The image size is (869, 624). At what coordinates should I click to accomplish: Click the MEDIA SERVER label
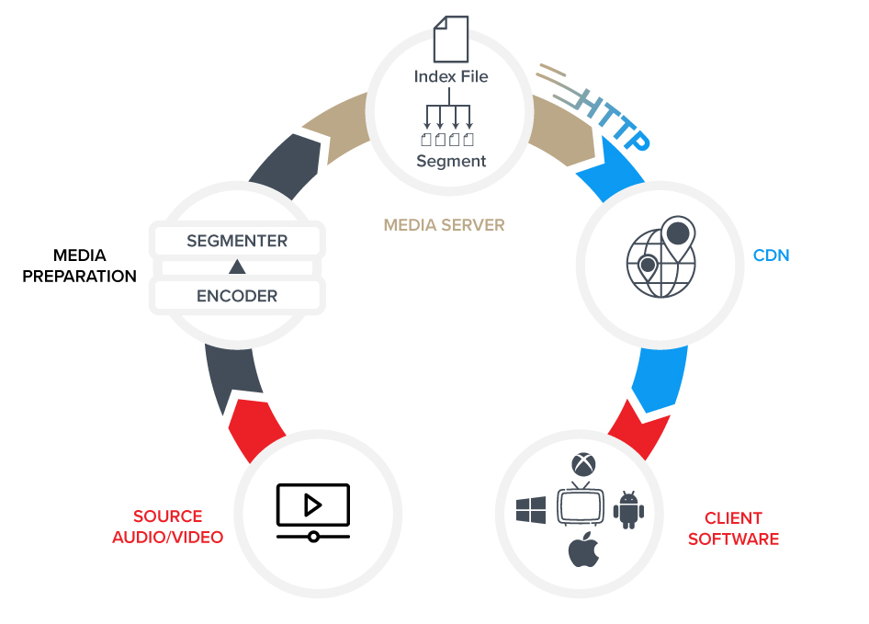(x=444, y=224)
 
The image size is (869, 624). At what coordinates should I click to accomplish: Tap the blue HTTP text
(x=615, y=119)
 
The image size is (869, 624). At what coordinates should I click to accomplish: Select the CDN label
(x=771, y=255)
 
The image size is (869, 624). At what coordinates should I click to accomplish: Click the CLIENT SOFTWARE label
(x=733, y=528)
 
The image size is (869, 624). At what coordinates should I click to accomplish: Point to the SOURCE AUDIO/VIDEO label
(x=167, y=527)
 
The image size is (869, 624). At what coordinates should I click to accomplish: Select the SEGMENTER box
(x=237, y=242)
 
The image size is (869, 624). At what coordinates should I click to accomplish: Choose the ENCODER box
(x=237, y=296)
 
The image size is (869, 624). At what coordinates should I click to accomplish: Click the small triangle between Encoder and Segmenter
(x=237, y=267)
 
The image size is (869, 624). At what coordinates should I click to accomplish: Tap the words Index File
(x=450, y=76)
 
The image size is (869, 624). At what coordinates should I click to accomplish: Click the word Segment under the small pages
(x=450, y=161)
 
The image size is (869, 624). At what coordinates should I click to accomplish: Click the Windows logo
(x=531, y=509)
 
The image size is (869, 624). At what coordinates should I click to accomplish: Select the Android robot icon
(x=628, y=509)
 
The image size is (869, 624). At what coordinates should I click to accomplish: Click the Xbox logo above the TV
(x=581, y=463)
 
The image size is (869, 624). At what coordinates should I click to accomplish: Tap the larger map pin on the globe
(x=677, y=233)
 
